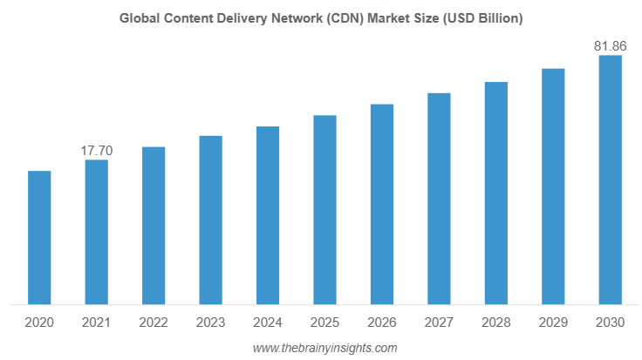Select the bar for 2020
click(39, 238)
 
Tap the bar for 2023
click(210, 221)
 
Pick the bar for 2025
click(324, 210)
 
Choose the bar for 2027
click(439, 199)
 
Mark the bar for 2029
click(553, 187)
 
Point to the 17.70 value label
click(96, 151)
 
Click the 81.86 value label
click(610, 45)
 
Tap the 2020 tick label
click(39, 323)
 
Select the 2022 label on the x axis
click(154, 323)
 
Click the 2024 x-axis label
click(268, 323)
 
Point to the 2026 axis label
click(382, 323)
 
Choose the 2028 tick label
click(496, 323)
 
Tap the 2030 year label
click(610, 323)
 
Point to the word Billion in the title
click(498, 17)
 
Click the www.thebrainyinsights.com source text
click(324, 348)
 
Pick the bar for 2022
click(154, 226)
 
